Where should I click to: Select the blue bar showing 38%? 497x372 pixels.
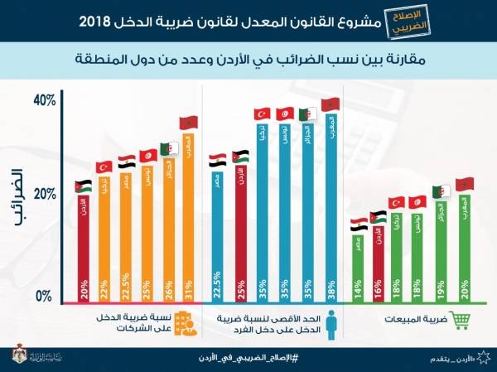point(331,207)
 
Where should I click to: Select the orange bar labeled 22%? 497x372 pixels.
point(104,240)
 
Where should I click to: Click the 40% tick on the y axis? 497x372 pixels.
point(44,101)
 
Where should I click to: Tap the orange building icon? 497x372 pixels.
point(189,324)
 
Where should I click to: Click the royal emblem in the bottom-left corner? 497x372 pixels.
point(18,355)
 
